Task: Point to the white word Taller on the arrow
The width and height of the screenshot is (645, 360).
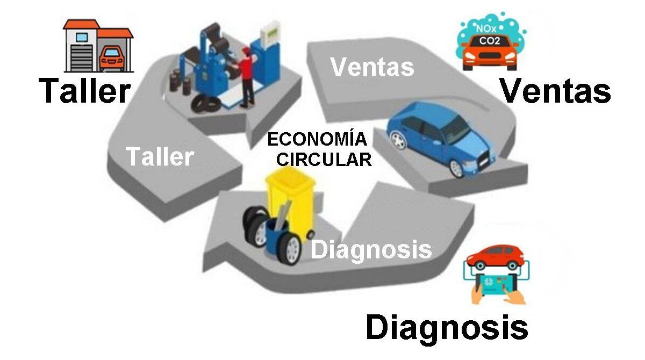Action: (160, 156)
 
